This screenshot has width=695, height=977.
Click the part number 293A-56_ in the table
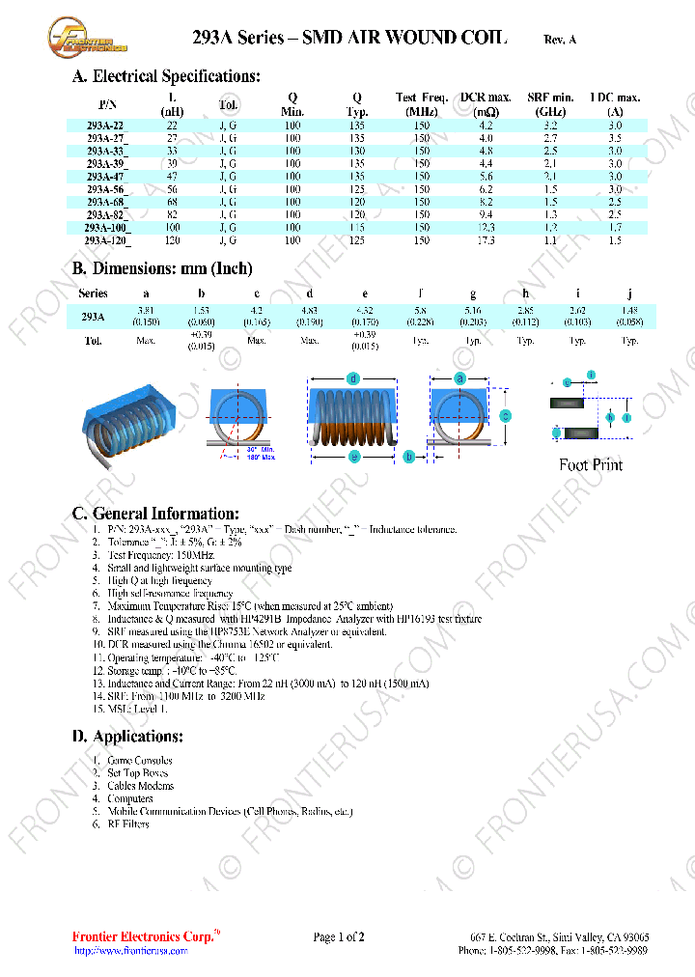tap(106, 189)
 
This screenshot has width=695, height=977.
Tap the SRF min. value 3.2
tap(550, 126)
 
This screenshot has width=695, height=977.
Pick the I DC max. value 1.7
tap(615, 227)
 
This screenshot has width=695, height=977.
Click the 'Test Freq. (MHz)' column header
tap(422, 104)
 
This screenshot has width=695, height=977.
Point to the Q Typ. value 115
tap(357, 227)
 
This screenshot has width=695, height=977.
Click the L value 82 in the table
tap(172, 214)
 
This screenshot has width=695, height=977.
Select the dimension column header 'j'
tap(629, 293)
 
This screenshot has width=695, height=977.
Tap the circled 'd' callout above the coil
tap(354, 378)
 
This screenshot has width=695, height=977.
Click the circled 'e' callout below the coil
tap(354, 457)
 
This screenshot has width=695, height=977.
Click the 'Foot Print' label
tap(591, 465)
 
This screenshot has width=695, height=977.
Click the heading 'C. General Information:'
tap(155, 514)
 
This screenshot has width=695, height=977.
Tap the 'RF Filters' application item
tap(128, 824)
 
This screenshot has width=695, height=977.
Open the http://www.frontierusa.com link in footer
tap(131, 951)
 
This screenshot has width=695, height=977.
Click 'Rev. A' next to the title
tap(560, 40)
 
